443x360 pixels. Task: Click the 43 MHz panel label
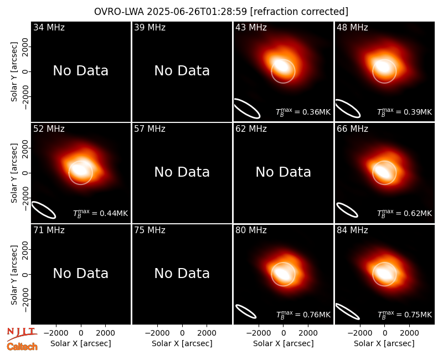251,27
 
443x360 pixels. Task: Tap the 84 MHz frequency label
352,230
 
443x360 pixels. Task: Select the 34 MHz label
49,27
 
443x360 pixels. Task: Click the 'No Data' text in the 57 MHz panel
182,172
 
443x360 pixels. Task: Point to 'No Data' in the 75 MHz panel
182,273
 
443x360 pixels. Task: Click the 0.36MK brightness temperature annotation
303,112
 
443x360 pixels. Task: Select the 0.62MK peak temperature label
405,214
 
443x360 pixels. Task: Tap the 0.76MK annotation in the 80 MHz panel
303,315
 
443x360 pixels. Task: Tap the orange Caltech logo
22,347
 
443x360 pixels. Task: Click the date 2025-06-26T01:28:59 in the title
197,12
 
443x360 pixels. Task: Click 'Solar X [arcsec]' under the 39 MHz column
182,343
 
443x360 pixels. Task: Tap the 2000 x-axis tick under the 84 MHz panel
409,333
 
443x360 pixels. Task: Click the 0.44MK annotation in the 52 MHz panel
101,214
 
